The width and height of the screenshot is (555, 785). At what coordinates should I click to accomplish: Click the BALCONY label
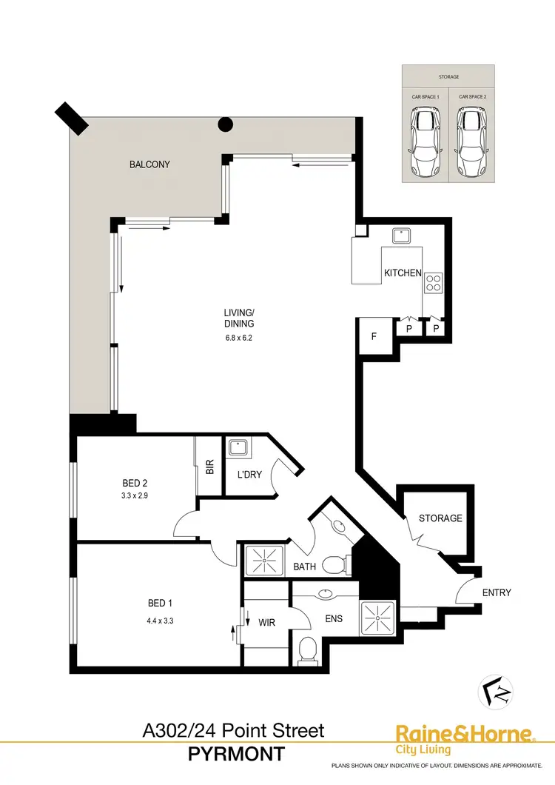[x=149, y=164]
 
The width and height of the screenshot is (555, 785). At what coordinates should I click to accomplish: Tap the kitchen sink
[x=402, y=235]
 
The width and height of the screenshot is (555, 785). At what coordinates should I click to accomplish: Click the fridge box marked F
[x=374, y=335]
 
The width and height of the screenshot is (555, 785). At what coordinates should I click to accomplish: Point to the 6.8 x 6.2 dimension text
[x=239, y=338]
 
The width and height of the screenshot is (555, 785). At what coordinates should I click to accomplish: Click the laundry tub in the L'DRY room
[x=238, y=447]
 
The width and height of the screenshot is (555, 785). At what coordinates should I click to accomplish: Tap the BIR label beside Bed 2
[x=209, y=467]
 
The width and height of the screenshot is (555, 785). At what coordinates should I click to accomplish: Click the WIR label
[x=266, y=623]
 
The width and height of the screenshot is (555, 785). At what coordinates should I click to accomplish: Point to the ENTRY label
[x=496, y=592]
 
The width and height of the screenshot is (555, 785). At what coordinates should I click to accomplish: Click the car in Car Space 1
[x=425, y=141]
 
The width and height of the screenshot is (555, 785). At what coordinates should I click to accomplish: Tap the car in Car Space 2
[x=470, y=141]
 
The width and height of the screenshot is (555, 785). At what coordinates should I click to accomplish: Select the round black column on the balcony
[x=225, y=125]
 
